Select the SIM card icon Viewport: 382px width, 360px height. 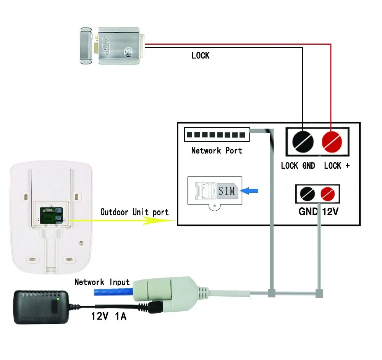coord(227,190)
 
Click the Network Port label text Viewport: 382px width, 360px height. coord(217,151)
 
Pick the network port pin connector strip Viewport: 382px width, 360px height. coord(217,135)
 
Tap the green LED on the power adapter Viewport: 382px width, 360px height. coord(57,298)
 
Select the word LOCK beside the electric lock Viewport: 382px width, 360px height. coord(201,56)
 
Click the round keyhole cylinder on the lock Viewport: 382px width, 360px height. coord(131,52)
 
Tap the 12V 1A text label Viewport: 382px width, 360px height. coord(108,316)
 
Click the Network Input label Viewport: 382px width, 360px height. coord(102,283)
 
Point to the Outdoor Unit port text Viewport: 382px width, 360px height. coord(134,212)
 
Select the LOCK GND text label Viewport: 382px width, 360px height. coord(298,166)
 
